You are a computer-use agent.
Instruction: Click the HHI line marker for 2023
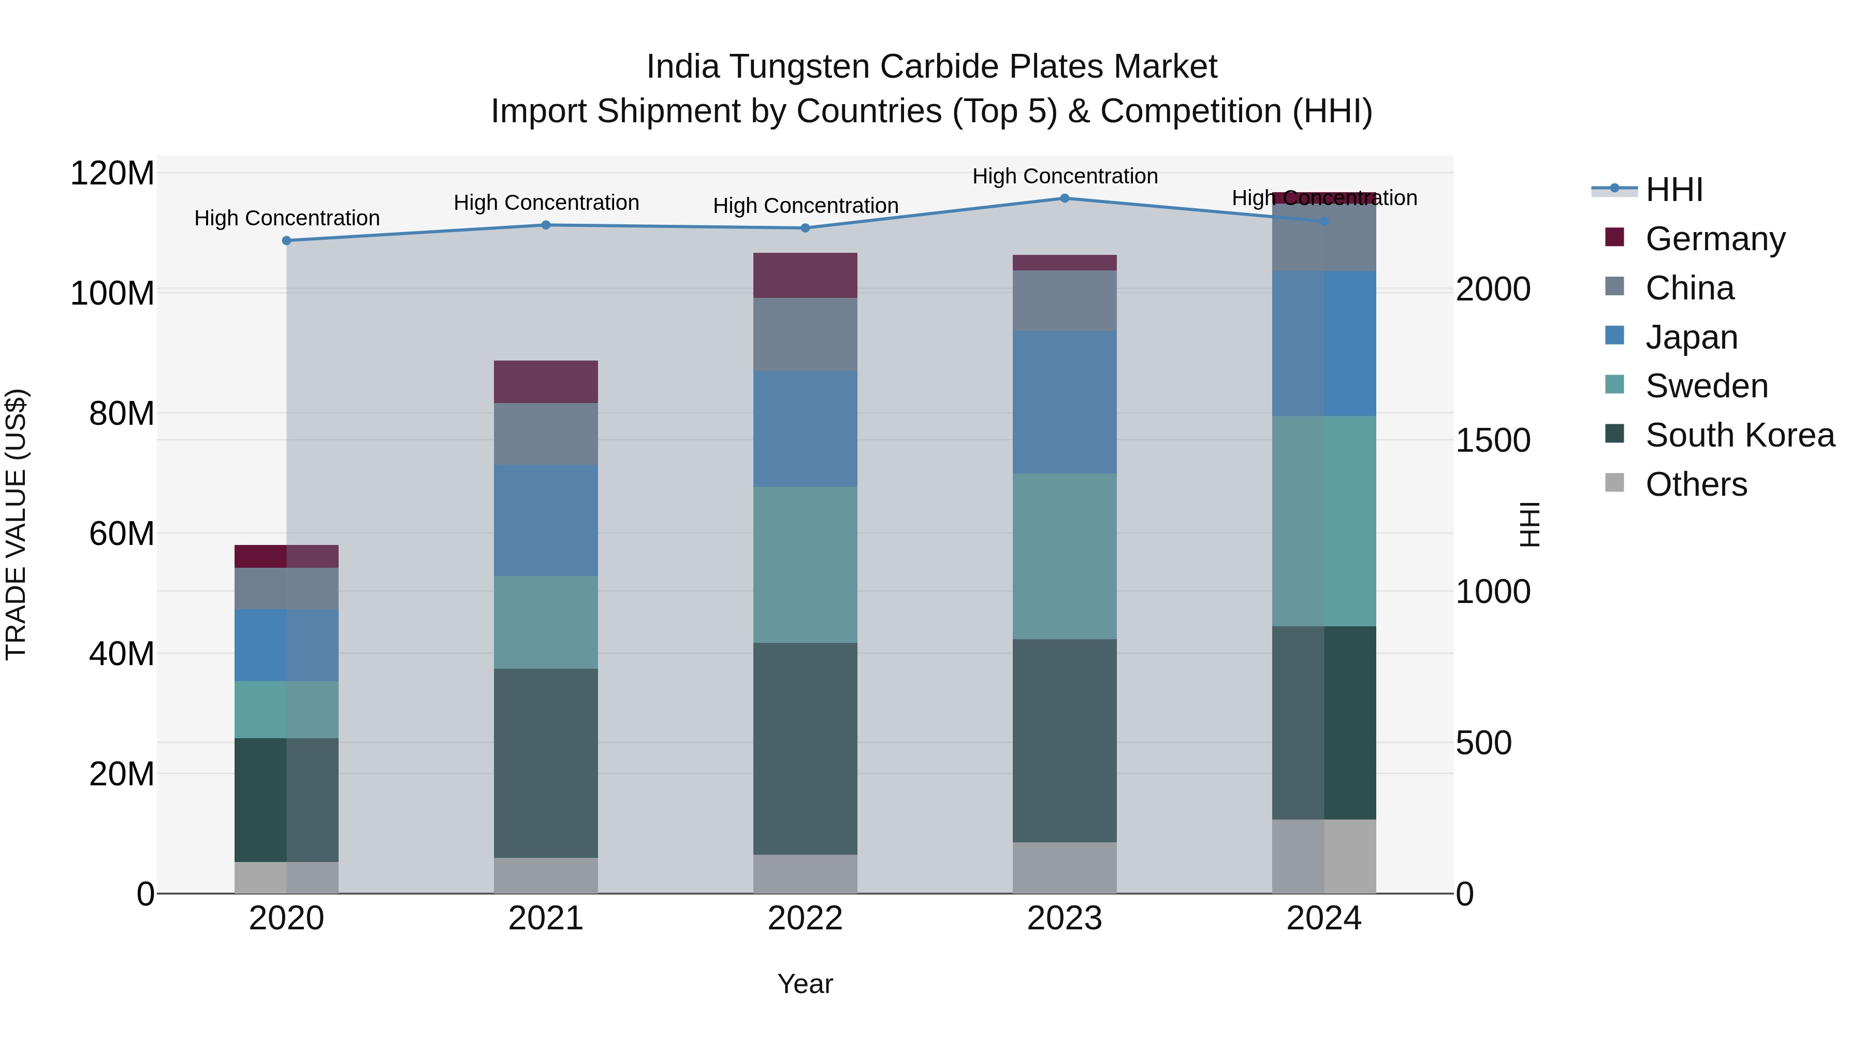click(1065, 198)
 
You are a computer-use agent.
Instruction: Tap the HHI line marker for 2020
click(286, 240)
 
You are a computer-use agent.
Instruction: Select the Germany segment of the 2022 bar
click(805, 275)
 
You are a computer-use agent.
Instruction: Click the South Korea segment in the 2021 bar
click(546, 763)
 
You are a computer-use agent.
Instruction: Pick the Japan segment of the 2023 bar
click(1065, 402)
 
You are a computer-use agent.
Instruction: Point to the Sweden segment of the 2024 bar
click(1323, 521)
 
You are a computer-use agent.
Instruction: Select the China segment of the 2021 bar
click(546, 434)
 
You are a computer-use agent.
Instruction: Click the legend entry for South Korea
click(1740, 435)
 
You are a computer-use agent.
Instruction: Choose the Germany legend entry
click(1715, 238)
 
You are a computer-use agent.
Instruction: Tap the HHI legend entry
click(1673, 190)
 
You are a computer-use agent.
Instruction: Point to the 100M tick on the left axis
click(112, 293)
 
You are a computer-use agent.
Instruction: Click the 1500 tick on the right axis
click(1493, 440)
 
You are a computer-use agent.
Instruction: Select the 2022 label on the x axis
click(805, 918)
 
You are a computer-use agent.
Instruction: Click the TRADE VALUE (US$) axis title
click(16, 524)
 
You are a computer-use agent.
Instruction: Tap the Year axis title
click(805, 984)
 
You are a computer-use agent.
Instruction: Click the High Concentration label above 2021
click(546, 203)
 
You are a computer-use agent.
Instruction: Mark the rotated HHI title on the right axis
click(1529, 524)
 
